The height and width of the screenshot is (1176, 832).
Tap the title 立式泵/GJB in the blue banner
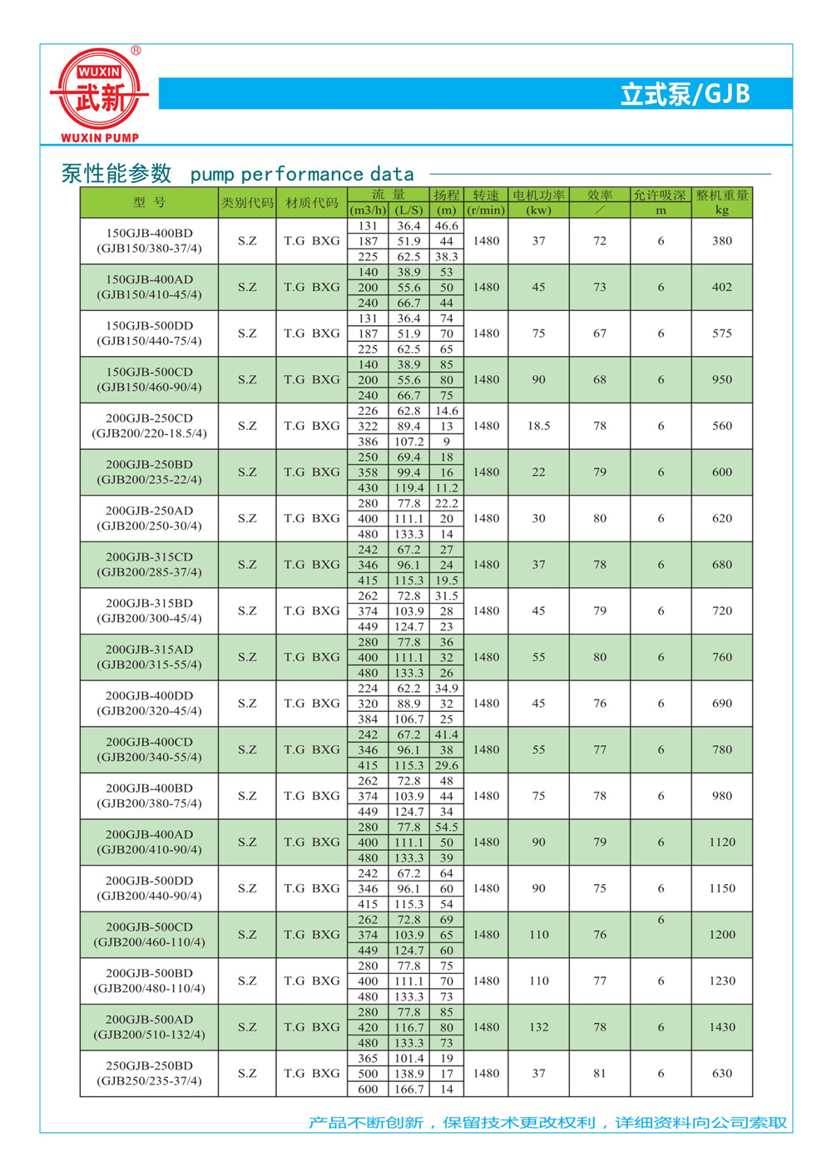point(685,94)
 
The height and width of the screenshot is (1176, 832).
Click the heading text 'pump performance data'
point(302,175)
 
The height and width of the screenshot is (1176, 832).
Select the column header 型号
point(149,203)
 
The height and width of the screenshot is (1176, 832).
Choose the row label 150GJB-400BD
point(149,234)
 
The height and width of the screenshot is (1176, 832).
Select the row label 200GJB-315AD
point(149,650)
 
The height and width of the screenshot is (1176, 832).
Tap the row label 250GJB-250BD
point(149,1065)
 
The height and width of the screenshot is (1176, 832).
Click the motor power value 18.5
point(538,426)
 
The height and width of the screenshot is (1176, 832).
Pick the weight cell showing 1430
point(721,1027)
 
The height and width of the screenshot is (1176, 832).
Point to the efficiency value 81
point(600,1074)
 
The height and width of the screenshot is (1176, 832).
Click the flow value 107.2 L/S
point(409,442)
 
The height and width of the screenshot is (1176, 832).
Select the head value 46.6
point(447,226)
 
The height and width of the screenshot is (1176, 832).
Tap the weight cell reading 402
point(721,287)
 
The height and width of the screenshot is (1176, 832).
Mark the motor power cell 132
point(538,1027)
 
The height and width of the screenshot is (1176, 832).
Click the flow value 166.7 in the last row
point(409,1090)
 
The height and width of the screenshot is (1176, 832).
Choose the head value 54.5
point(447,828)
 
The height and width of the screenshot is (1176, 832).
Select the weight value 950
point(721,379)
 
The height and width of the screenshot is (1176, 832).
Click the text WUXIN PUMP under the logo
point(100,137)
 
